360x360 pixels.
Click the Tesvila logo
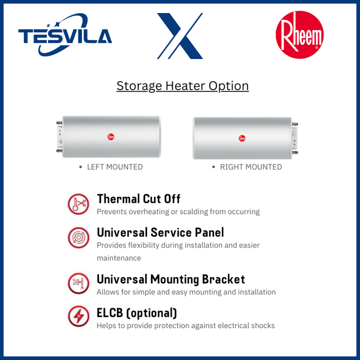65,35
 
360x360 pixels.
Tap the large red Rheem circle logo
300,35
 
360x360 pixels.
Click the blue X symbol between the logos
180,36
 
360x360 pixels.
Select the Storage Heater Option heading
183,86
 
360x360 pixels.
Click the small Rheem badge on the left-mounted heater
111,137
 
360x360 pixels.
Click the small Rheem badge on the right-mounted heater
242,138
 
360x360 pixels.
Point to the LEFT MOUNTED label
115,167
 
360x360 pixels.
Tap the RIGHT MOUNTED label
251,167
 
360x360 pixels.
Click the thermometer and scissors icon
78,204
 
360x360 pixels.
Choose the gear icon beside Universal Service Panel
78,238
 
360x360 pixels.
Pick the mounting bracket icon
78,283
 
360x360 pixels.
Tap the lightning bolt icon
78,316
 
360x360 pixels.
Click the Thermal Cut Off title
139,199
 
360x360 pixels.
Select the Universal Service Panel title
160,232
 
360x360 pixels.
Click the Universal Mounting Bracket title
171,279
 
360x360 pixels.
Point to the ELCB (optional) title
137,313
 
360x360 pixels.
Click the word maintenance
119,258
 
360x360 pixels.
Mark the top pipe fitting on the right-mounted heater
295,124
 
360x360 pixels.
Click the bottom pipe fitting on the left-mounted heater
59,151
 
